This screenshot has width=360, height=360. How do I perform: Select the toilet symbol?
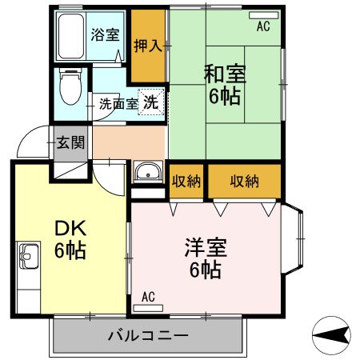[70, 88]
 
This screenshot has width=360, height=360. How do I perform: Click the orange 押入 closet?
[148, 45]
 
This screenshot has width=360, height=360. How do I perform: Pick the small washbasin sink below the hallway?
[146, 172]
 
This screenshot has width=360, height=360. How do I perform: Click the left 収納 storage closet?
[186, 181]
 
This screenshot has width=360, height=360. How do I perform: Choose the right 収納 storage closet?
[244, 181]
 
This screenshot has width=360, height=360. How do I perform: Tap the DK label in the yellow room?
[70, 227]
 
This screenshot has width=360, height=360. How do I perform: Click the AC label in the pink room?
[148, 297]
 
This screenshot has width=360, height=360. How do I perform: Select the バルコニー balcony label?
[148, 335]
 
